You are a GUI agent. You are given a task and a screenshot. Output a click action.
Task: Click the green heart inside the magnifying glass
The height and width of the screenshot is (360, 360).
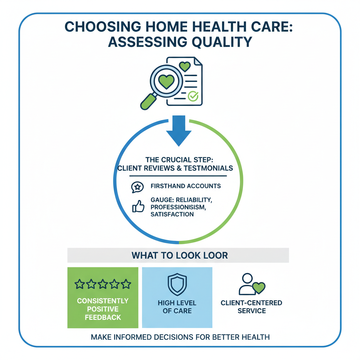click(x=166, y=81)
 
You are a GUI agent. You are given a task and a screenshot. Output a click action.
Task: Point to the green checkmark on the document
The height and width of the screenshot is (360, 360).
click(x=193, y=96)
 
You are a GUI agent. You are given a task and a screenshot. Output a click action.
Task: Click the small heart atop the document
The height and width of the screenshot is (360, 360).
click(x=184, y=66)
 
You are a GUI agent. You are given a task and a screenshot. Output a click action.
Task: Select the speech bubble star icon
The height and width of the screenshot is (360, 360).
click(x=137, y=187)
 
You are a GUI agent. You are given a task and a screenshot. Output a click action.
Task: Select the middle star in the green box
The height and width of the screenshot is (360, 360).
click(x=103, y=284)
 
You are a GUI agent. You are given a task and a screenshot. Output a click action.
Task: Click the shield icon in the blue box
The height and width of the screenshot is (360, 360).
click(x=177, y=284)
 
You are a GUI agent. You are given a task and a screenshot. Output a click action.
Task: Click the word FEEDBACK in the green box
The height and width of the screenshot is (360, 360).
click(x=103, y=317)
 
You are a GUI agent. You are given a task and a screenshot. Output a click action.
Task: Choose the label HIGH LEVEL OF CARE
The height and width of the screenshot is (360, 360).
click(x=177, y=307)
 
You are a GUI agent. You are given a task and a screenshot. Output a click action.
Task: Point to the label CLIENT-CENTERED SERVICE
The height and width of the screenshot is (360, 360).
click(x=251, y=307)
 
